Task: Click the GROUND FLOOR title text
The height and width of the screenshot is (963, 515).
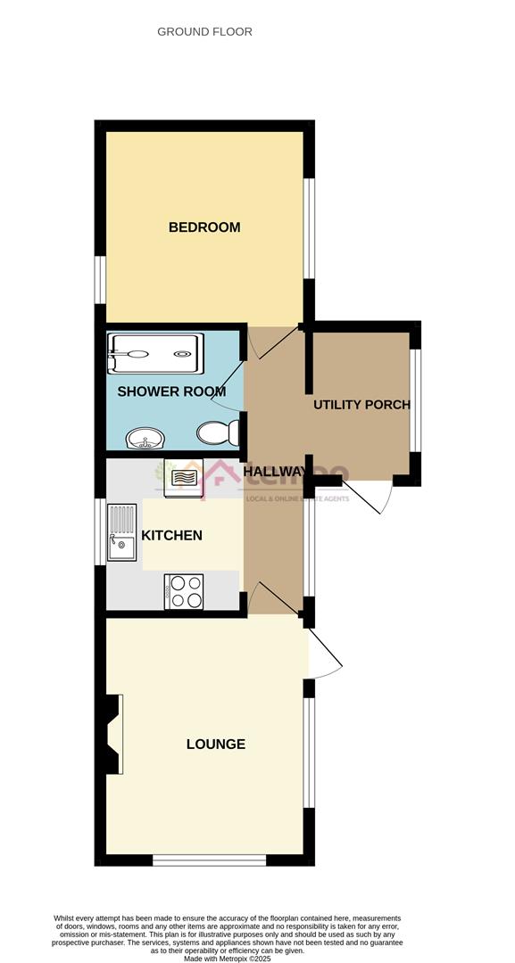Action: coord(204,31)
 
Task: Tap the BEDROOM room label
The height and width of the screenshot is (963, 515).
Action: coord(204,227)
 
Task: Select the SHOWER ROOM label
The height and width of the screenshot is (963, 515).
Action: coord(171,391)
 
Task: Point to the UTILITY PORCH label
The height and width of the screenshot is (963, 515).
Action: coord(361,405)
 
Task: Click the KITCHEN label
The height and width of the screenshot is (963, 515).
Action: coord(171,536)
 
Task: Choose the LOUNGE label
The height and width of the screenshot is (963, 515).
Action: coord(215,745)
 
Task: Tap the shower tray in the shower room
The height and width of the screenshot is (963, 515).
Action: coord(155,354)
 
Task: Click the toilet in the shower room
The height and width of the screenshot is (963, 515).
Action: coord(219,433)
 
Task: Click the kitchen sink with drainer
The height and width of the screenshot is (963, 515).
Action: coord(120,532)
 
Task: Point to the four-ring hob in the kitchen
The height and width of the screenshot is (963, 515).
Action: coord(184,591)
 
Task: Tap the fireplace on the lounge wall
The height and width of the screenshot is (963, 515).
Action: coord(113,734)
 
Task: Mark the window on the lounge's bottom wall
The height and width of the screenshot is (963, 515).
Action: coord(210,860)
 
